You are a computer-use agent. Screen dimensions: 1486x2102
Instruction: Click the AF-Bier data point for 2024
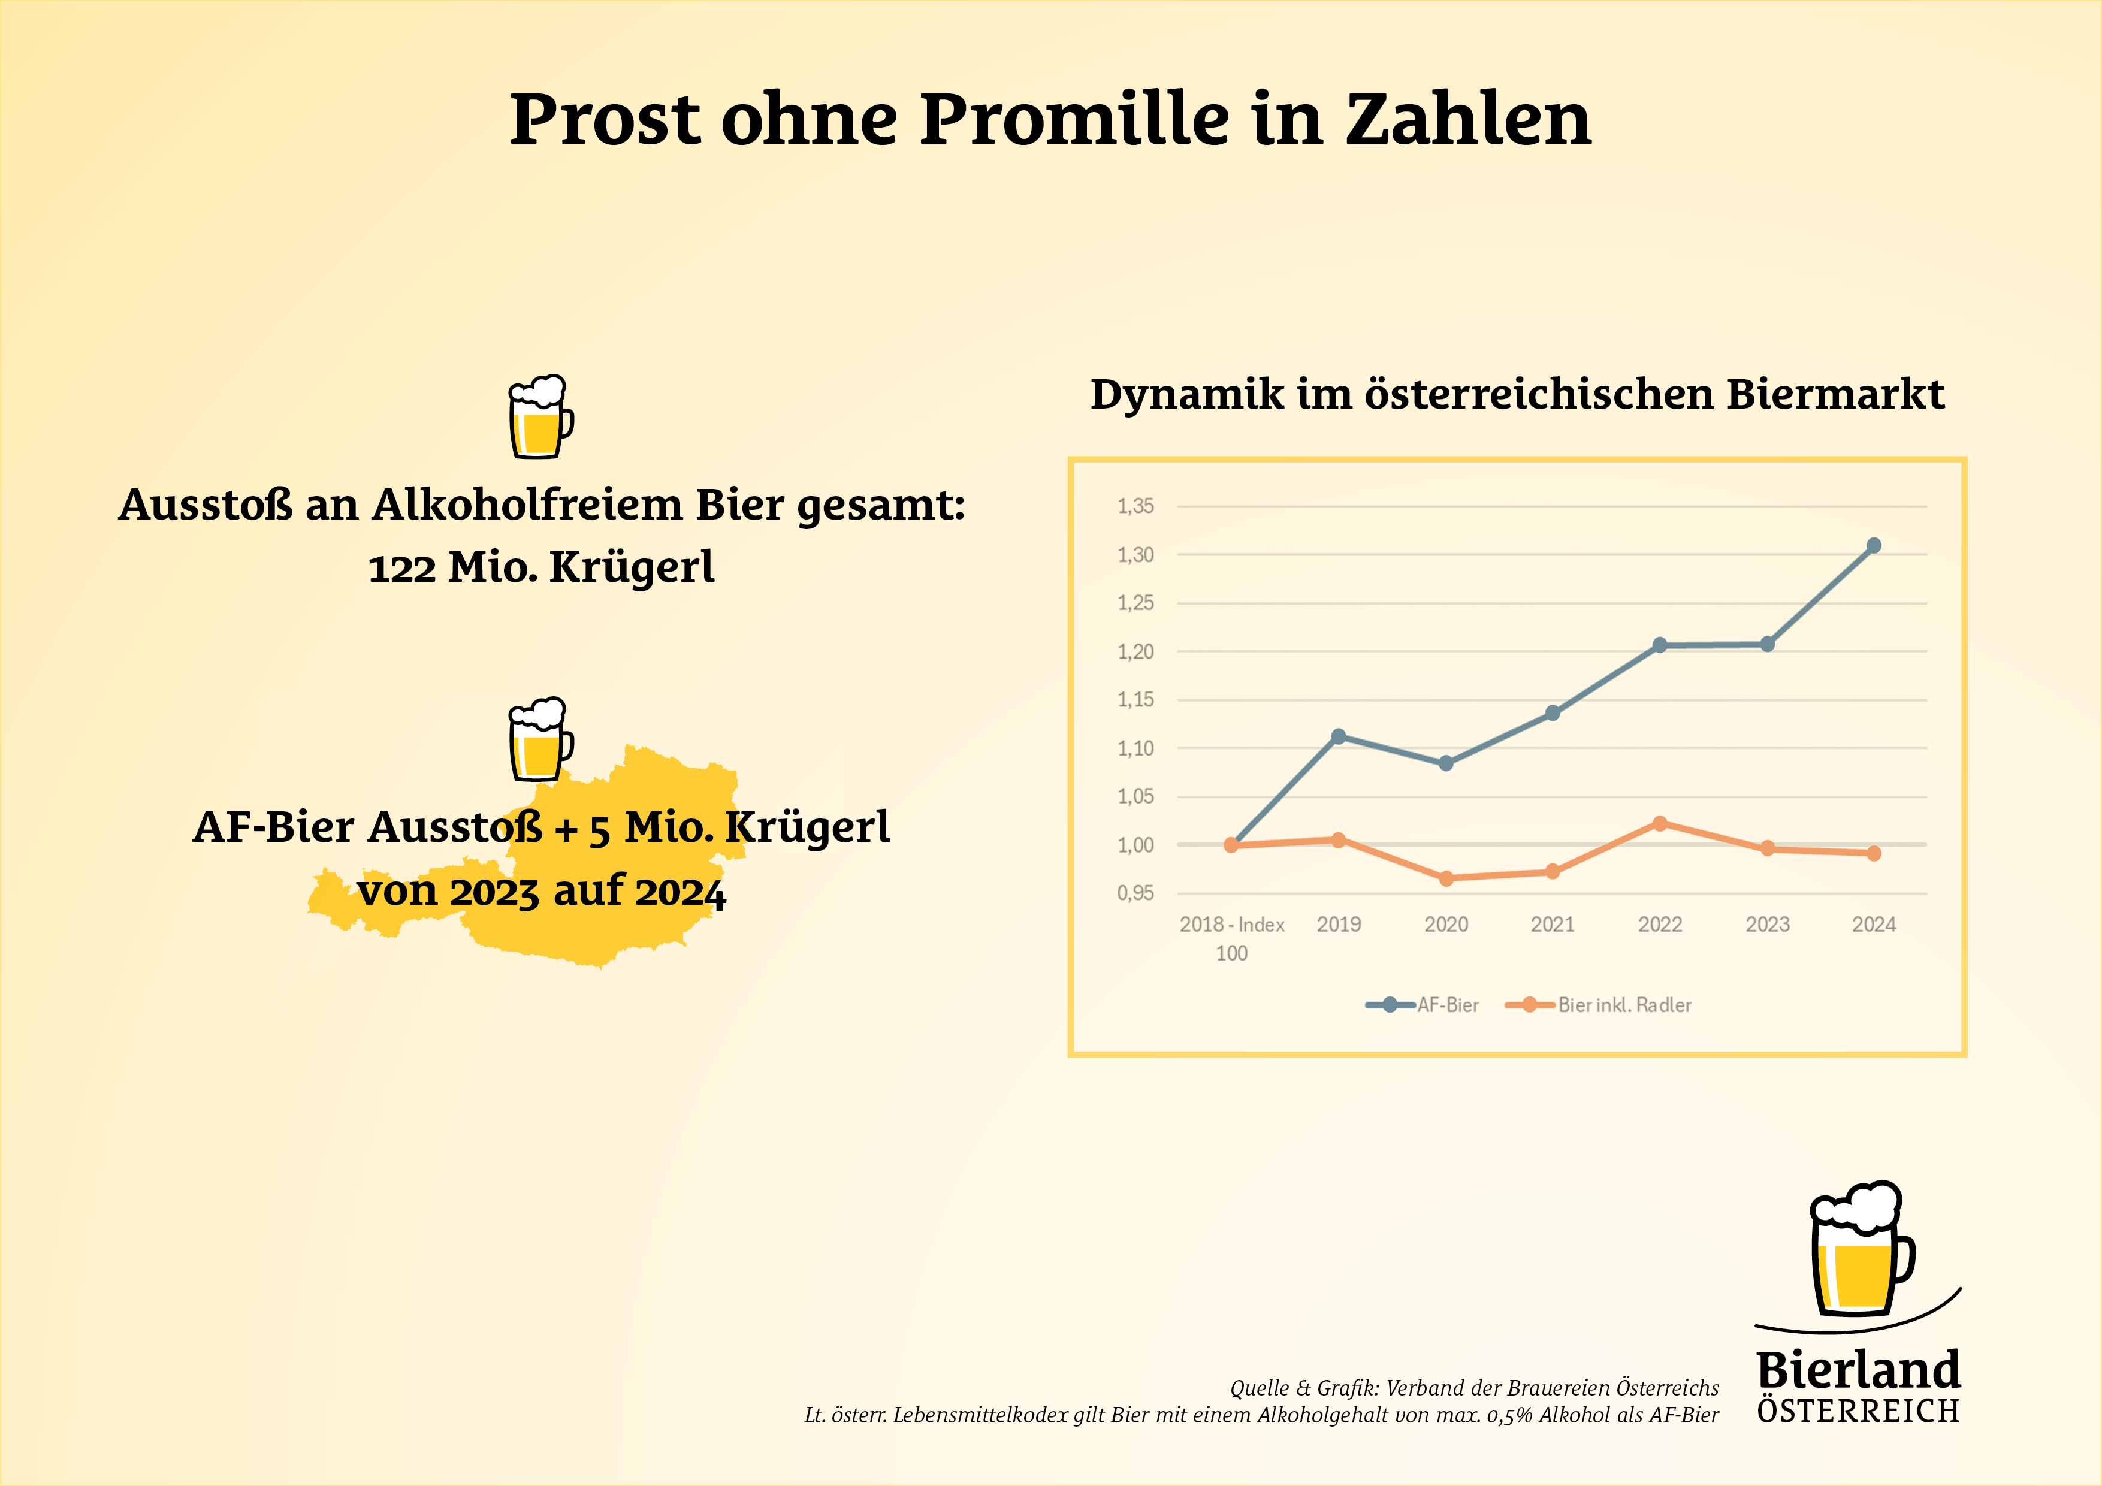point(1873,546)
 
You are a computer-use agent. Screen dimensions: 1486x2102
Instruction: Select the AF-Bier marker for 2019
point(1339,736)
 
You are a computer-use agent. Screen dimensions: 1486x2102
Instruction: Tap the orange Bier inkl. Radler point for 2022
point(1660,823)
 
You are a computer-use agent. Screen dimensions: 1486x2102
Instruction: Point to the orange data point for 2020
point(1446,878)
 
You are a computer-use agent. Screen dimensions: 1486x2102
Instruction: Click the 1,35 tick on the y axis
point(1135,506)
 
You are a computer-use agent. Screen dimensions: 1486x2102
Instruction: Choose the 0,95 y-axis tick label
point(1135,893)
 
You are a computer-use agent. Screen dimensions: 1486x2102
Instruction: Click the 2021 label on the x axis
point(1553,925)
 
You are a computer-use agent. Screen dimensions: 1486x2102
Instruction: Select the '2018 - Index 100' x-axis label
point(1231,938)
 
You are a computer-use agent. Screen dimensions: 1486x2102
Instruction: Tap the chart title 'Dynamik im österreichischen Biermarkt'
point(1517,395)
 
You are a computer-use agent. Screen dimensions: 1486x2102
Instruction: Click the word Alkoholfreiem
point(527,505)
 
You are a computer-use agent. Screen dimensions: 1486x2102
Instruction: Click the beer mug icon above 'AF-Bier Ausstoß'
point(540,740)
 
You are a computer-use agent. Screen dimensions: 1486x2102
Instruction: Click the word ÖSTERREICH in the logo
point(1859,1412)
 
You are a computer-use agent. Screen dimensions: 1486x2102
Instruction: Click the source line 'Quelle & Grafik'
point(1474,1388)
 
